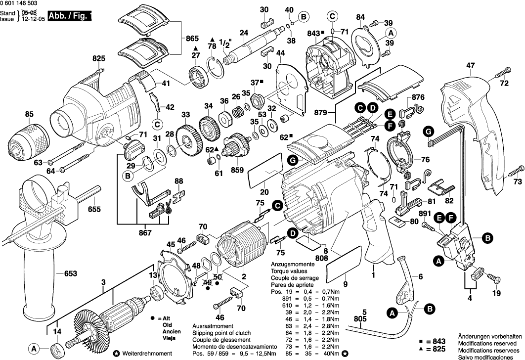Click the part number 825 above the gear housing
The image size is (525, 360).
(x=99, y=58)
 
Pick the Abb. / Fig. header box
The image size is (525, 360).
(x=70, y=16)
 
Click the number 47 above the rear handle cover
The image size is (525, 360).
(x=470, y=65)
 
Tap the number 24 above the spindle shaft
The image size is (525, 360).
(x=243, y=33)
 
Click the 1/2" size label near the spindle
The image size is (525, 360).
(x=225, y=45)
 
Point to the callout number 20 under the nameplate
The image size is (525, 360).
(x=264, y=192)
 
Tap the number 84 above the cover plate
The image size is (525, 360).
(x=360, y=17)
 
